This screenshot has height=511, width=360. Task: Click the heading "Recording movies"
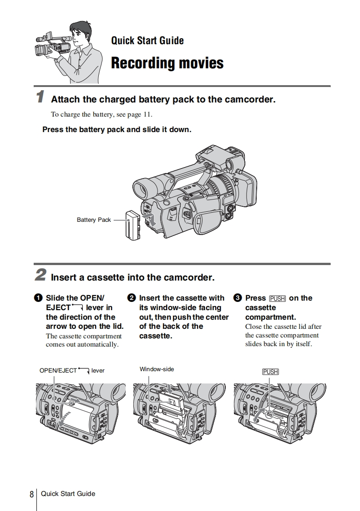[167, 63]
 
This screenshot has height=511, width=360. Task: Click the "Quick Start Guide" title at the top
[147, 41]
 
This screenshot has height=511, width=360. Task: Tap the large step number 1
[41, 97]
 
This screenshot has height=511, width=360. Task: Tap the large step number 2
[41, 275]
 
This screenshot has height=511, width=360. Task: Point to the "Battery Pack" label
[94, 220]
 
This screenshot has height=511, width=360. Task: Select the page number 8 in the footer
[31, 494]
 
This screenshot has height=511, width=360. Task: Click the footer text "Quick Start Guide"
[68, 494]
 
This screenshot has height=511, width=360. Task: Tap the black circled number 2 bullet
[132, 298]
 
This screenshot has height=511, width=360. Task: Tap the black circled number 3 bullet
[237, 298]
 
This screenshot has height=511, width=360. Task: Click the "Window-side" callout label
[157, 369]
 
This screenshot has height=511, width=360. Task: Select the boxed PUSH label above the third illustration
[270, 372]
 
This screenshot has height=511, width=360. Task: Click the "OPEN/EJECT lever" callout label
[72, 370]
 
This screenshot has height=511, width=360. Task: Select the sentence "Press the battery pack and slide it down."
[117, 129]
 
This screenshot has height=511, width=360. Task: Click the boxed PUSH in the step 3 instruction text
[277, 299]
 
